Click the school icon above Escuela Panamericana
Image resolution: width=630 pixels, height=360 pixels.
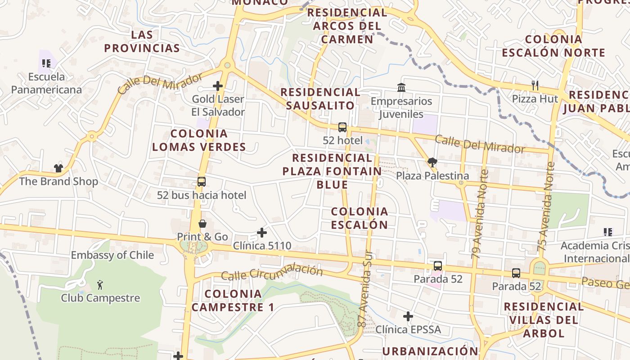click(x=46, y=63)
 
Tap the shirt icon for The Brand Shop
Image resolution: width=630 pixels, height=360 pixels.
click(x=58, y=168)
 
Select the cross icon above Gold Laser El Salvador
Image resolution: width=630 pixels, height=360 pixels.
click(x=218, y=85)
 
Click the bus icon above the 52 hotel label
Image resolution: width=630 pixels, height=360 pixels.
click(x=342, y=127)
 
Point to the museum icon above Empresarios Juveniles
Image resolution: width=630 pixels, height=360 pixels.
click(x=401, y=87)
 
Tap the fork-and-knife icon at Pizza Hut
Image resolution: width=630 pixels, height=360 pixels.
click(x=535, y=85)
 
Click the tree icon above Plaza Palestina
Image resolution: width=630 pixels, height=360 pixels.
click(x=432, y=162)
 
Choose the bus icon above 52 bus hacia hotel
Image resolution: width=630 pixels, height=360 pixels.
click(x=202, y=182)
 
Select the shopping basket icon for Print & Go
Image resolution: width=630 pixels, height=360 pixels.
click(x=202, y=224)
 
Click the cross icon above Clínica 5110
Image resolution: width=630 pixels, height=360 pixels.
click(x=262, y=233)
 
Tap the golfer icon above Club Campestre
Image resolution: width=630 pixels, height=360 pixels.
click(x=100, y=284)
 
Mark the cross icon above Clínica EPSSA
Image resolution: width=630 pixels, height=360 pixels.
click(x=408, y=316)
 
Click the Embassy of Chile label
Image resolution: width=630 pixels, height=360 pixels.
click(x=112, y=255)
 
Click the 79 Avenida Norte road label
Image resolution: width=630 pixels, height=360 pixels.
click(x=479, y=214)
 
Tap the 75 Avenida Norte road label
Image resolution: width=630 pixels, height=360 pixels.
click(x=545, y=207)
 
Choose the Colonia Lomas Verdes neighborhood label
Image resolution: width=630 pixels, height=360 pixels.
click(x=199, y=140)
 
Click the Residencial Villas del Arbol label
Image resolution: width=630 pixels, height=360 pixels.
click(x=543, y=320)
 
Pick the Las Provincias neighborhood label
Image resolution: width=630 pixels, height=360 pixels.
click(x=142, y=41)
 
